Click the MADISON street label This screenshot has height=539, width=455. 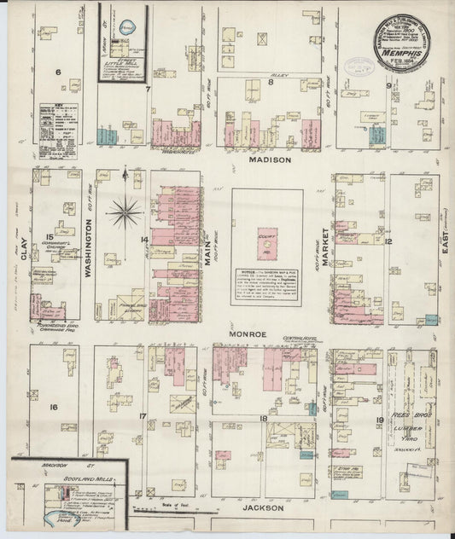pos(270,159)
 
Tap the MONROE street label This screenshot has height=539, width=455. pos(250,335)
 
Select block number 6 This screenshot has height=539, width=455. pos(59,72)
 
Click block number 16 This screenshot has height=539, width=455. pos(53,408)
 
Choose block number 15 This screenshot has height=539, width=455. pos(50,237)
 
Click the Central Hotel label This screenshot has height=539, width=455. pos(294,339)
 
